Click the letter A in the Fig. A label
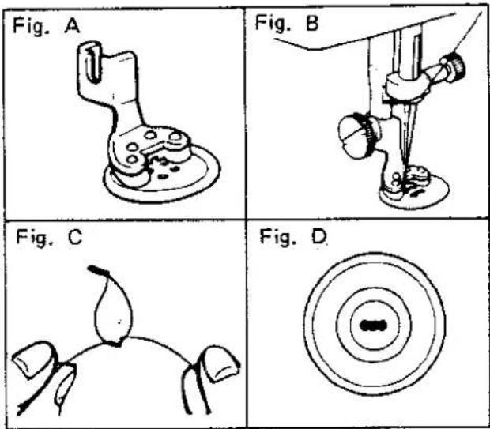pos(72,26)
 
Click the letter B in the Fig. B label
pos(312,23)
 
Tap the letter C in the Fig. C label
pos(75,238)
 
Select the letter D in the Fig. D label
pos(318,237)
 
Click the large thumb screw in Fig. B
pos(358,136)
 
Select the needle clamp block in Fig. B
pos(405,86)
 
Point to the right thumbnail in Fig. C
pos(220,363)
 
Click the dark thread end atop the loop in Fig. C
pos(98,270)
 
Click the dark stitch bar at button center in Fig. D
pos(374,326)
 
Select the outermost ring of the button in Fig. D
pos(375,254)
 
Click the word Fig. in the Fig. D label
pos(278,239)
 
